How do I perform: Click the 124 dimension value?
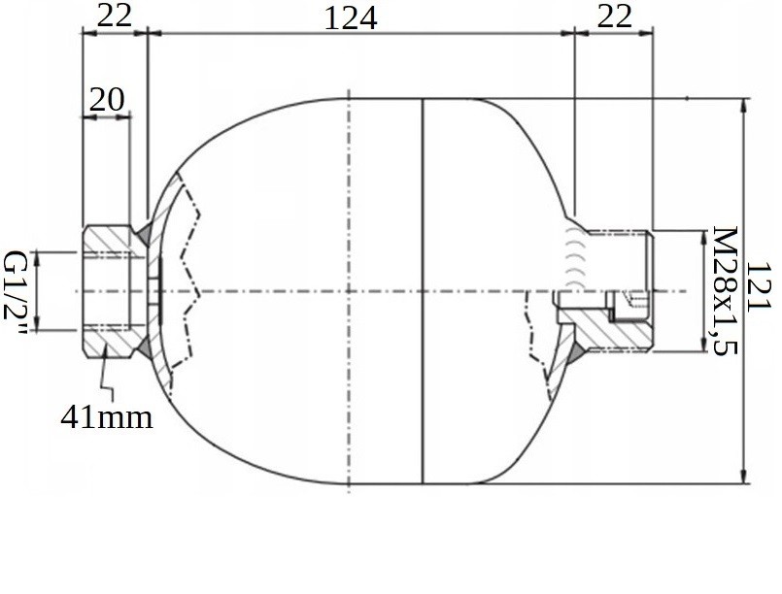tap(351, 19)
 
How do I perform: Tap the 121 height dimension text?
tap(758, 287)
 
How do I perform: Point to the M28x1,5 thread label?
tap(724, 291)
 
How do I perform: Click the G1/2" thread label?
tap(14, 292)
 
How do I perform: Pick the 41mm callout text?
tap(107, 416)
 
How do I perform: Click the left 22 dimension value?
tap(115, 16)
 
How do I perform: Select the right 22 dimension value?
tap(614, 16)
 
